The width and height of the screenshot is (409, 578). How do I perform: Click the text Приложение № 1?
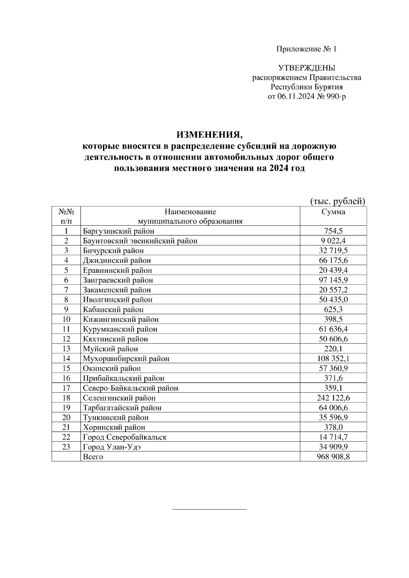[x=306, y=49]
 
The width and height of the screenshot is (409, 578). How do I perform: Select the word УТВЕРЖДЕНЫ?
[x=307, y=68]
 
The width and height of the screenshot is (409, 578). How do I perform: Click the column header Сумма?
[x=333, y=212]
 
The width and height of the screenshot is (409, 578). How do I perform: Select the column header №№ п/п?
[x=66, y=216]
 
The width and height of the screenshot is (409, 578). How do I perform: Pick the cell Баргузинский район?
[x=118, y=231]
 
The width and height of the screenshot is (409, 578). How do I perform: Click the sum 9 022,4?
[x=333, y=241]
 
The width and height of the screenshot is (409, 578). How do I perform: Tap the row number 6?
[x=66, y=280]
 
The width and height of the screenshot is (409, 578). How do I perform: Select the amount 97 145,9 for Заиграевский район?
[x=333, y=280]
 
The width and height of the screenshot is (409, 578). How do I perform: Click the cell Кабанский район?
[x=113, y=310]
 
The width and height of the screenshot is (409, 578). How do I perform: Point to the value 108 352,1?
[x=333, y=359]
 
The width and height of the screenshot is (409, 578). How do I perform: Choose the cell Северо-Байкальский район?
[x=130, y=388]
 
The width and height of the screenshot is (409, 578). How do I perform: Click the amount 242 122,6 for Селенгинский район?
[x=333, y=398]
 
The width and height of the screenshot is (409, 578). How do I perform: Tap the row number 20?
[x=66, y=418]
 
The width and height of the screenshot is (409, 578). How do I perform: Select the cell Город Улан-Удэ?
[x=112, y=447]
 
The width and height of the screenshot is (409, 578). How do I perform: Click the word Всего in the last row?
[x=93, y=457]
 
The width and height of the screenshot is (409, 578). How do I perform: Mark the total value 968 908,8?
[x=333, y=457]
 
